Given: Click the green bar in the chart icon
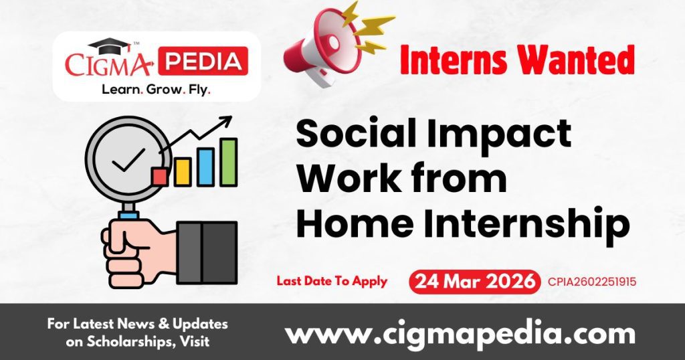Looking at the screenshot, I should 229,162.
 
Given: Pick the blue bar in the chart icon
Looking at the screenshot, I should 205,167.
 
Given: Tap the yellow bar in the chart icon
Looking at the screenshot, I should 182,172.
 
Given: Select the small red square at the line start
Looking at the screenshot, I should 159,176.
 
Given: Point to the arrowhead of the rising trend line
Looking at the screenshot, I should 227,120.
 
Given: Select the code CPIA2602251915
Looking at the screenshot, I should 592,282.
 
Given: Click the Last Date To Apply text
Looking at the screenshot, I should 332,281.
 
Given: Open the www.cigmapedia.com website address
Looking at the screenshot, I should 460,333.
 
